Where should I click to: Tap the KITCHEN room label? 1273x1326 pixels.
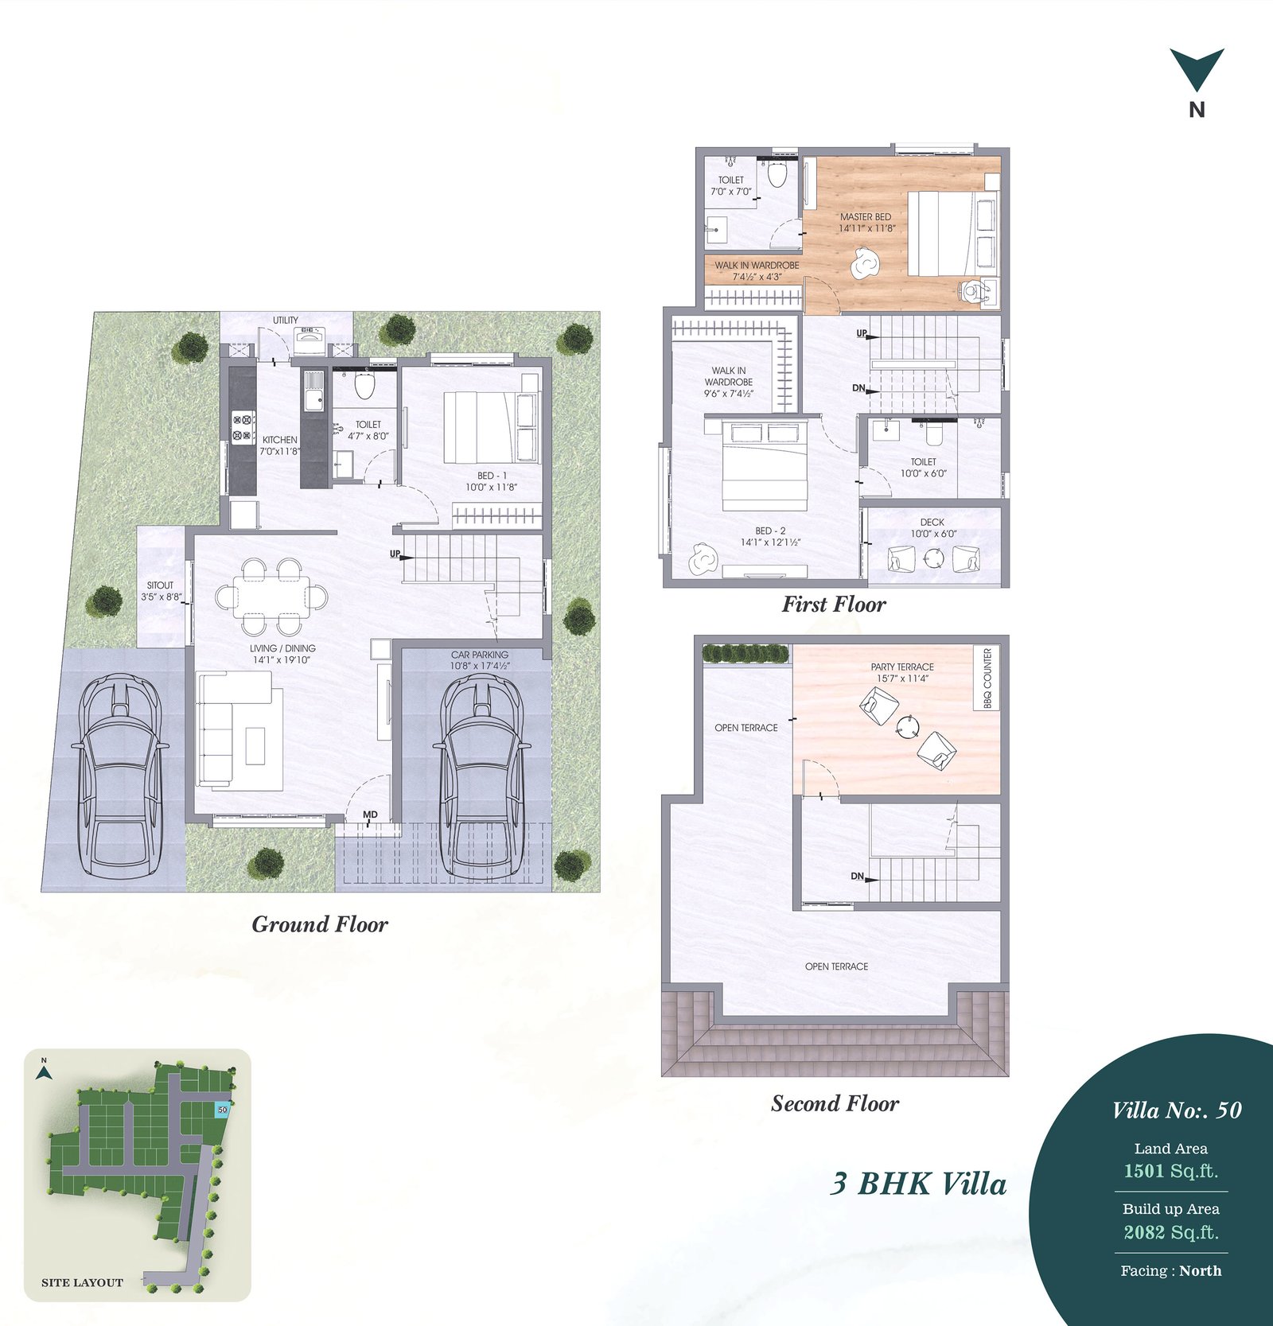(x=280, y=440)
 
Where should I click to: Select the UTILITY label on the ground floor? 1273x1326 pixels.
(x=286, y=321)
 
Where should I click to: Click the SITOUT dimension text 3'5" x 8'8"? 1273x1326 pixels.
(x=162, y=597)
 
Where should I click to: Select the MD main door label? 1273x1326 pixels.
(x=370, y=815)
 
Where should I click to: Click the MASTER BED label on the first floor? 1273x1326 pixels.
(x=866, y=216)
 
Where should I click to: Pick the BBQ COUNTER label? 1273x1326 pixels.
(x=987, y=678)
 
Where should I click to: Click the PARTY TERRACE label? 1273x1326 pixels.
(x=902, y=667)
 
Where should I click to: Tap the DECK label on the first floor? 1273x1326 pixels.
(x=932, y=523)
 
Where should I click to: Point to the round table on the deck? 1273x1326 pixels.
(x=932, y=559)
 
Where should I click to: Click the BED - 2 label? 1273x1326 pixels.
(x=770, y=531)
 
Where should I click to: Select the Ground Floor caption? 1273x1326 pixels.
(x=320, y=924)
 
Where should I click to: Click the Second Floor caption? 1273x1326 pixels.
(x=835, y=1103)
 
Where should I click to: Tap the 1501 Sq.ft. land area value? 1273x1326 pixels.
(x=1170, y=1171)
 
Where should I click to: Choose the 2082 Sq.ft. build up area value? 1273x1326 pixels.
(x=1170, y=1232)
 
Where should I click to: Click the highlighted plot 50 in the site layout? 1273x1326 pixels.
(x=222, y=1109)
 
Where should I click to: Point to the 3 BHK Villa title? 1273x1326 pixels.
(x=918, y=1184)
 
